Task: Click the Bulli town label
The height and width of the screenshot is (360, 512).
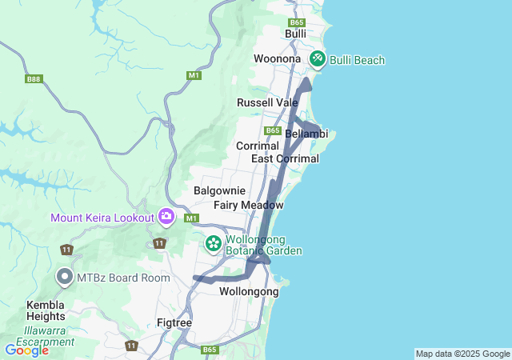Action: tap(296, 34)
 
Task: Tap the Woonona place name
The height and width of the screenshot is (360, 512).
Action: tap(277, 59)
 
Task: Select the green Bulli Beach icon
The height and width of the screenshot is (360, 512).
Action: tap(318, 58)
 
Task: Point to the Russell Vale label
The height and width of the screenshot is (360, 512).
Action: tap(267, 102)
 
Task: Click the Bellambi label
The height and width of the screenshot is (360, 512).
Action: tap(306, 134)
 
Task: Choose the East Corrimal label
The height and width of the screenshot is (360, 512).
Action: tap(285, 158)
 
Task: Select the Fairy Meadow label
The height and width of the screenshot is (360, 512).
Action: tap(249, 205)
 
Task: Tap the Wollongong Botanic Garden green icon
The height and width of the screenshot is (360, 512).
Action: tap(214, 242)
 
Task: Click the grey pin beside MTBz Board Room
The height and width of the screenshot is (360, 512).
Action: tap(65, 277)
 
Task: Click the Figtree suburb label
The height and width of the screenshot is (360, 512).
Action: tap(174, 323)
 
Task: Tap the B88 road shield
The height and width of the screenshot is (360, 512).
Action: tap(33, 79)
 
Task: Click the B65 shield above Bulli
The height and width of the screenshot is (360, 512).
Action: tap(297, 22)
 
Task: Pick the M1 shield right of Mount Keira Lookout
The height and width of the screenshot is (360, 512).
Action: tap(191, 218)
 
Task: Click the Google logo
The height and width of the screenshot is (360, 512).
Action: tap(26, 350)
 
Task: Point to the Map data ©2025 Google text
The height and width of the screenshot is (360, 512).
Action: tap(462, 354)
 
